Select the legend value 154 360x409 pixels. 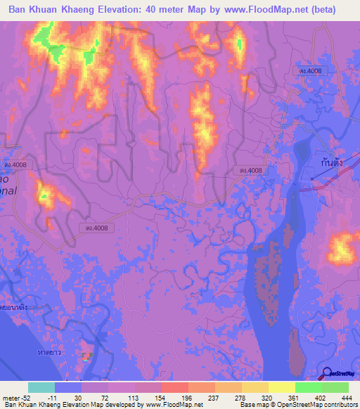147,397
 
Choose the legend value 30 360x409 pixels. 79,397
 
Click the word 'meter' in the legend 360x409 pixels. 10,397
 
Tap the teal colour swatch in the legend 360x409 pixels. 41,387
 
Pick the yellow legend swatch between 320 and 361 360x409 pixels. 281,387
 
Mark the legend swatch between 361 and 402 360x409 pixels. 308,387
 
